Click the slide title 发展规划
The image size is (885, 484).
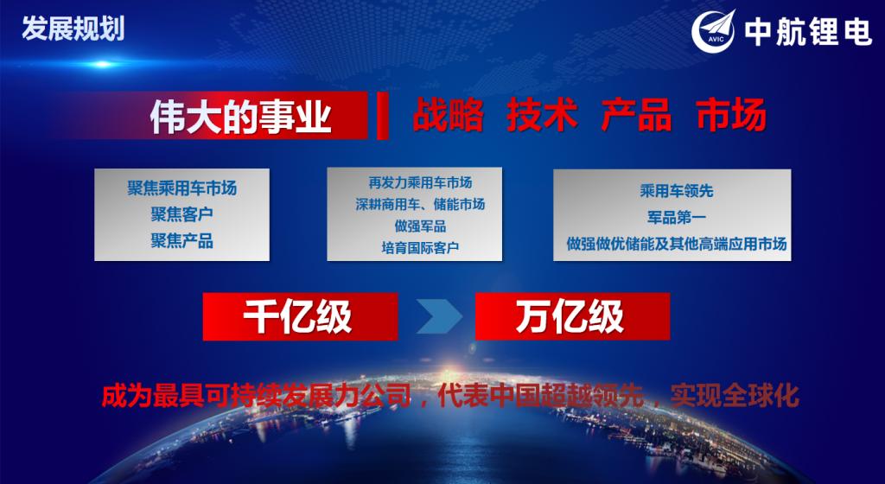(x=73, y=29)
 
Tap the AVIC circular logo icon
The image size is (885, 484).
(x=714, y=32)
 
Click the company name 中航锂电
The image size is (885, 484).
(x=808, y=33)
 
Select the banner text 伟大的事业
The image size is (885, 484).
(x=240, y=118)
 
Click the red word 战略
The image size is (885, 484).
(x=448, y=115)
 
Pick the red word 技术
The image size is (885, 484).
(x=542, y=115)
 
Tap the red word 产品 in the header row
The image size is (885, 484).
(x=636, y=115)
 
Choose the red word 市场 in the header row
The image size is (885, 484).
(x=731, y=115)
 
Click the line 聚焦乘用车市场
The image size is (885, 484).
(x=181, y=188)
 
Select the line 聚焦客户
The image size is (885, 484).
(x=181, y=214)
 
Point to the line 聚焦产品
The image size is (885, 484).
(x=181, y=241)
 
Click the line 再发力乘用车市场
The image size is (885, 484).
(x=420, y=182)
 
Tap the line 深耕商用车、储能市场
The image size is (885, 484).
(x=420, y=204)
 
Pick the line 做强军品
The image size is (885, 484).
(x=420, y=226)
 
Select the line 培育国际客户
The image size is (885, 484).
(x=420, y=248)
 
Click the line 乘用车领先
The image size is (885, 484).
(x=676, y=191)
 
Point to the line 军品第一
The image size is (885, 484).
(x=676, y=217)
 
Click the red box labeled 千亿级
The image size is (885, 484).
(x=300, y=316)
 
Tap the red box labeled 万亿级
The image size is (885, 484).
(x=572, y=316)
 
